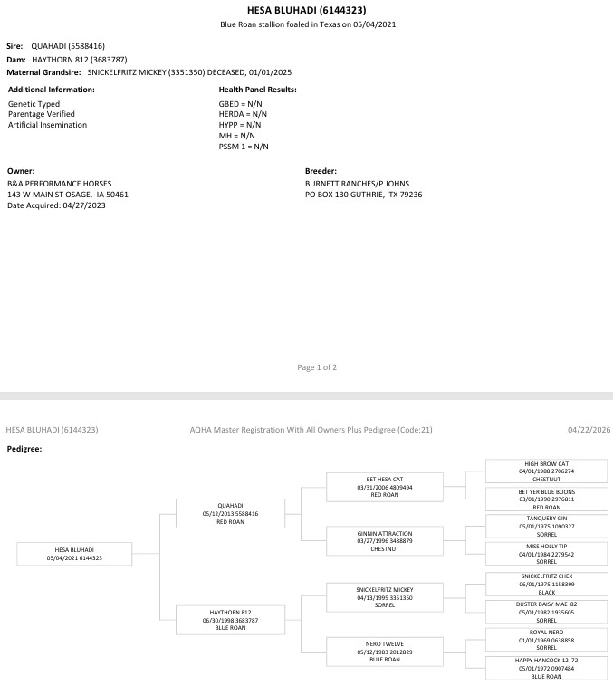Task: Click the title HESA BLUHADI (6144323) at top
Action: pyautogui.click(x=306, y=10)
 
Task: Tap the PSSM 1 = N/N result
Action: pyautogui.click(x=244, y=147)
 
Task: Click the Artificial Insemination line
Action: pyautogui.click(x=47, y=125)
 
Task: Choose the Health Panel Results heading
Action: pyautogui.click(x=257, y=90)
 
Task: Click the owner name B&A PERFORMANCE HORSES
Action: pyautogui.click(x=59, y=183)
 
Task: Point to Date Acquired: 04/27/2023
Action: pyautogui.click(x=56, y=205)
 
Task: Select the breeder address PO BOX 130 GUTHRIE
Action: pyautogui.click(x=363, y=195)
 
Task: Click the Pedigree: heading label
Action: pyautogui.click(x=25, y=448)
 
